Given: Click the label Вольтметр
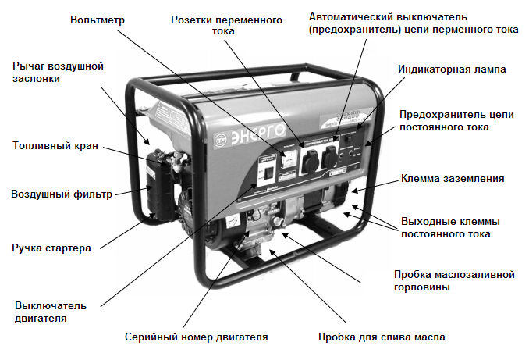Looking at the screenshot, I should pos(97,18).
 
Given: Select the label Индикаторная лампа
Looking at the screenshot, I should pos(452,70).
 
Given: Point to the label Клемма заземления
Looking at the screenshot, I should pos(452,179).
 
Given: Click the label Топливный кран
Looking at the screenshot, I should pos(55,145).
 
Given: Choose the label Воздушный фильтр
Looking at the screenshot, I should pos(62,194).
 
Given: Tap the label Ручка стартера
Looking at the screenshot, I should pos(51,248).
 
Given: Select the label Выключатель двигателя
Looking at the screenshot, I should pos(50,311).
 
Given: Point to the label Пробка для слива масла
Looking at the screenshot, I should pos(382,337).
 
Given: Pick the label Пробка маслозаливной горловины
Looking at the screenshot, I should pos(454,280).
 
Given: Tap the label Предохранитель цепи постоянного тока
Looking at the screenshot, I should pos(456,120).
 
